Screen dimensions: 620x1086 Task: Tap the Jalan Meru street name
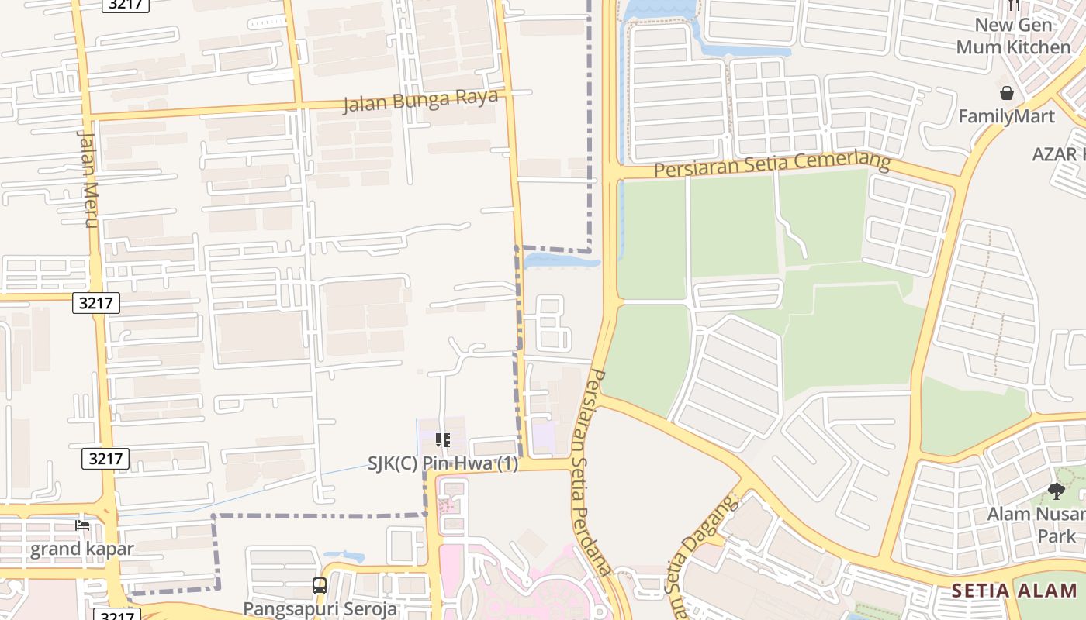point(87,179)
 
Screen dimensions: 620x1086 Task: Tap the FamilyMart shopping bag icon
point(1007,94)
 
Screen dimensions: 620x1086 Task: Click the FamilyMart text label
point(1006,117)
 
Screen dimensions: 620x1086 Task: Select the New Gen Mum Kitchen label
point(1013,36)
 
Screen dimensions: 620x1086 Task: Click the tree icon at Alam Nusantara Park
point(1056,491)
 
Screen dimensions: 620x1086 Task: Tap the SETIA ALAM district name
point(1014,591)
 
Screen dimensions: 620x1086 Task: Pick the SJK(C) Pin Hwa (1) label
point(443,464)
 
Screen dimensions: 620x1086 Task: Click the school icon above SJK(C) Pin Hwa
point(443,440)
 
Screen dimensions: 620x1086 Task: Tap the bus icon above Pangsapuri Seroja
point(320,586)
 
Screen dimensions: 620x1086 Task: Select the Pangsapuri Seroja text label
point(320,608)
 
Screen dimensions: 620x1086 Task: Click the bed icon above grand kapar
point(82,526)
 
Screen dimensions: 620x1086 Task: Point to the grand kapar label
point(82,549)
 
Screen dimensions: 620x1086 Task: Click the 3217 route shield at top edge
point(125,4)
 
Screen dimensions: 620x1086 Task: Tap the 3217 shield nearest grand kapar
point(105,459)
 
